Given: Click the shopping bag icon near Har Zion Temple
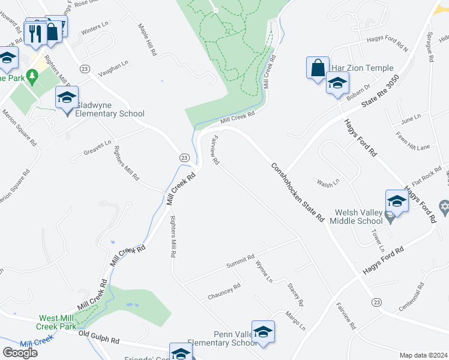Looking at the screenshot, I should click(x=318, y=68).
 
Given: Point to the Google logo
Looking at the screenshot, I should click(x=20, y=353).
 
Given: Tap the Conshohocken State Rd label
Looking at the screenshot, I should click(x=297, y=191).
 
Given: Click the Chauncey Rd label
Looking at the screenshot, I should click(x=224, y=290).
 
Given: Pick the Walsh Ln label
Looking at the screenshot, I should click(x=328, y=181).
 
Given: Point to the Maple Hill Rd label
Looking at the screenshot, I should click(x=148, y=40).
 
